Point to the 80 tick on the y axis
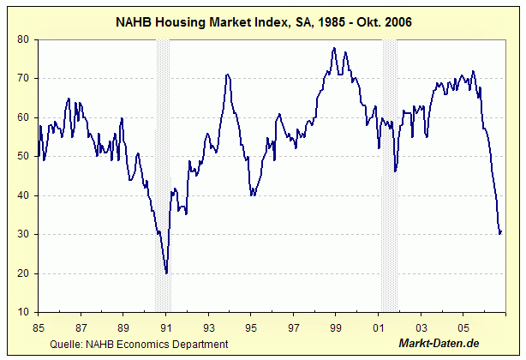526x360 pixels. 25,39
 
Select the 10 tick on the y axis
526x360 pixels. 25,313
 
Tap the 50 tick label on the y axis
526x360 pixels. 25,157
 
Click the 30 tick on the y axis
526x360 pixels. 25,235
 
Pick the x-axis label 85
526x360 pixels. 38,327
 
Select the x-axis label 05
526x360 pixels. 463,327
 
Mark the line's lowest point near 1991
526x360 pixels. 166,273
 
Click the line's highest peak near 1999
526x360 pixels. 334,48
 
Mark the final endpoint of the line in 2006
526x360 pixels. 501,231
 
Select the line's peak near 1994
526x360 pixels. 227,75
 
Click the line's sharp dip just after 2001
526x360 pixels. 395,171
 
